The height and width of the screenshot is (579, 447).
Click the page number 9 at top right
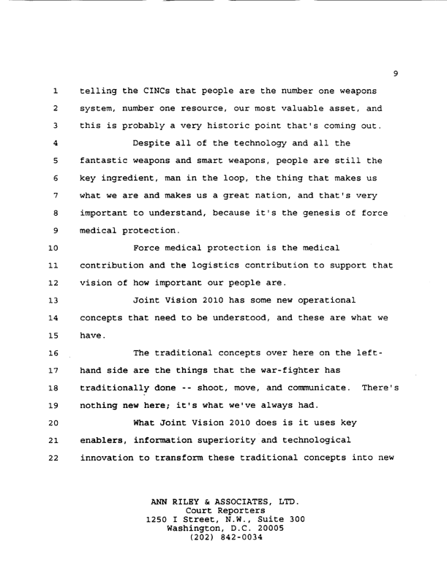pyautogui.click(x=394, y=72)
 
